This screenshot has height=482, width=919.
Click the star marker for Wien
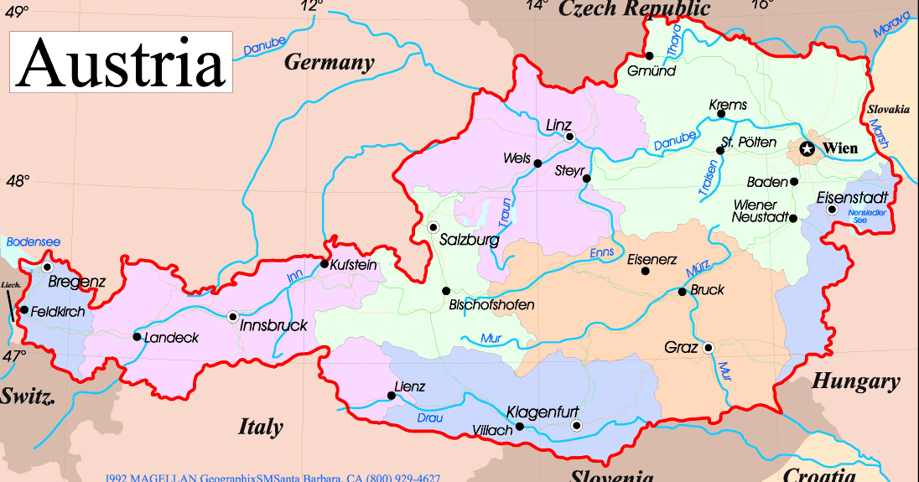tap(807, 149)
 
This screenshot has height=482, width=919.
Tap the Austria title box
tap(121, 62)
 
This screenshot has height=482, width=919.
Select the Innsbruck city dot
tap(232, 316)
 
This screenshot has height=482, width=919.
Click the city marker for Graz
tap(709, 347)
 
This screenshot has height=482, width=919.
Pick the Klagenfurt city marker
tap(576, 426)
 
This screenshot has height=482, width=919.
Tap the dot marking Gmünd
tap(649, 55)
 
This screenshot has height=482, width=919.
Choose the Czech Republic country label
tap(635, 9)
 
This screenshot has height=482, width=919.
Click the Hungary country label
tap(855, 382)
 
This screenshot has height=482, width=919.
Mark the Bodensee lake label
tap(34, 241)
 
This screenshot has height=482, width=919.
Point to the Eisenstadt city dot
tap(831, 209)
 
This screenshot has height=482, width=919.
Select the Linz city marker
tap(569, 137)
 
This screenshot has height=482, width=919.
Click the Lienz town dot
tap(392, 396)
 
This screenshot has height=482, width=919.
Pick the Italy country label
tap(261, 427)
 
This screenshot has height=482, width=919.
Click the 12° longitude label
tap(311, 6)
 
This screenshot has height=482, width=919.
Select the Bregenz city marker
tap(47, 267)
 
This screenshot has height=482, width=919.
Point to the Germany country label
tap(329, 62)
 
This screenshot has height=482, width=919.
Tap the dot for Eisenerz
tap(645, 271)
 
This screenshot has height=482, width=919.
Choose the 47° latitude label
tap(14, 356)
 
